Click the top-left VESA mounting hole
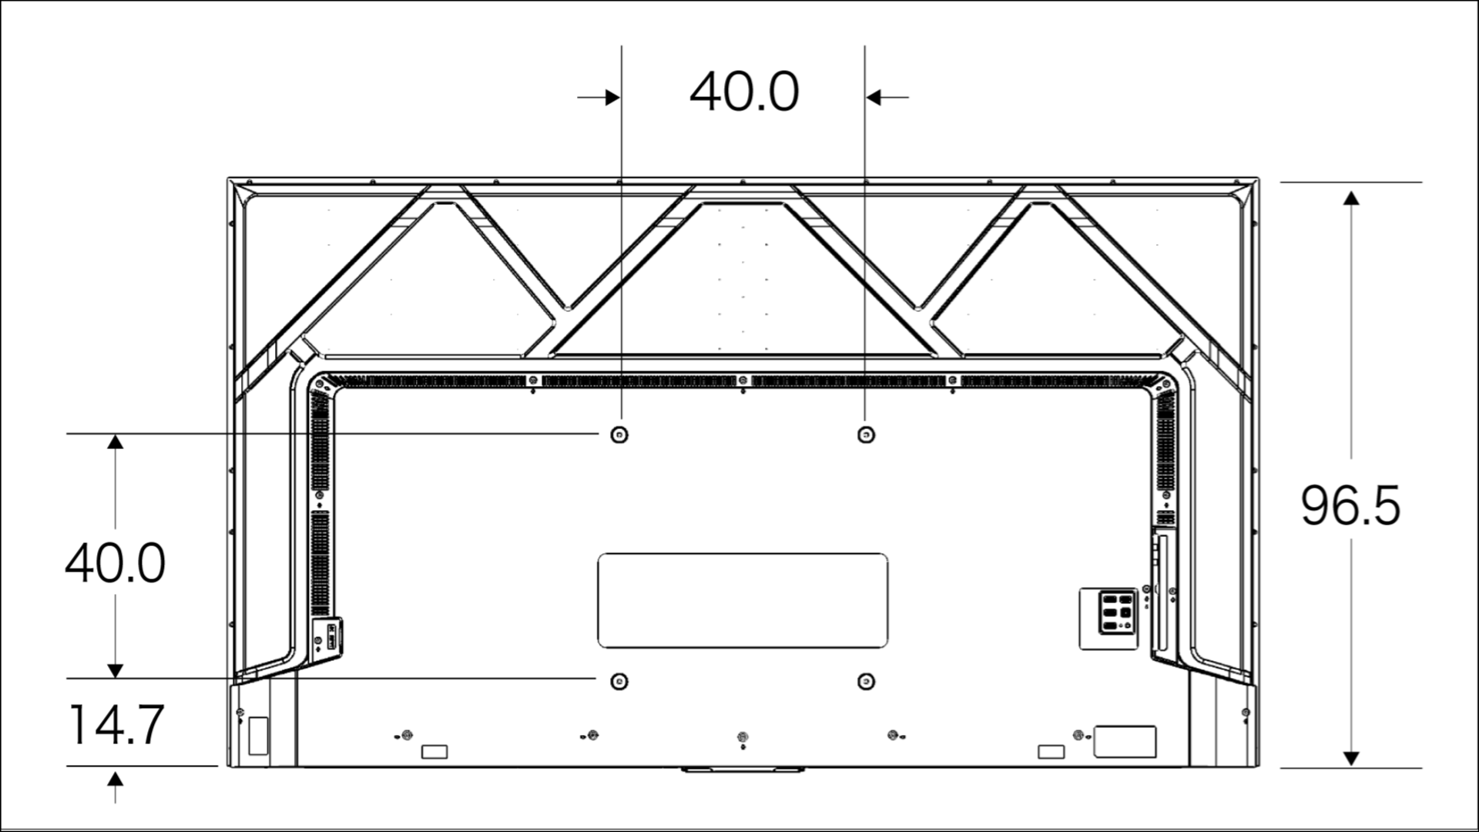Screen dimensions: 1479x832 (x=619, y=435)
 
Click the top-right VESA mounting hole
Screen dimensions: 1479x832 (x=866, y=435)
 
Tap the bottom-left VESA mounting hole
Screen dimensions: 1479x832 (x=619, y=681)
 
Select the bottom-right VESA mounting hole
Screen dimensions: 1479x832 (x=866, y=681)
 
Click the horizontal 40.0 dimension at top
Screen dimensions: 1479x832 (x=744, y=92)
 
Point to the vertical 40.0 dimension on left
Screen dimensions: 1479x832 (x=116, y=562)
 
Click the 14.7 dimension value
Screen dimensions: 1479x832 (x=116, y=724)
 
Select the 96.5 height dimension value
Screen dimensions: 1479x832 (x=1350, y=506)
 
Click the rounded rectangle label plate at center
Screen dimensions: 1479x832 (x=743, y=600)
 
